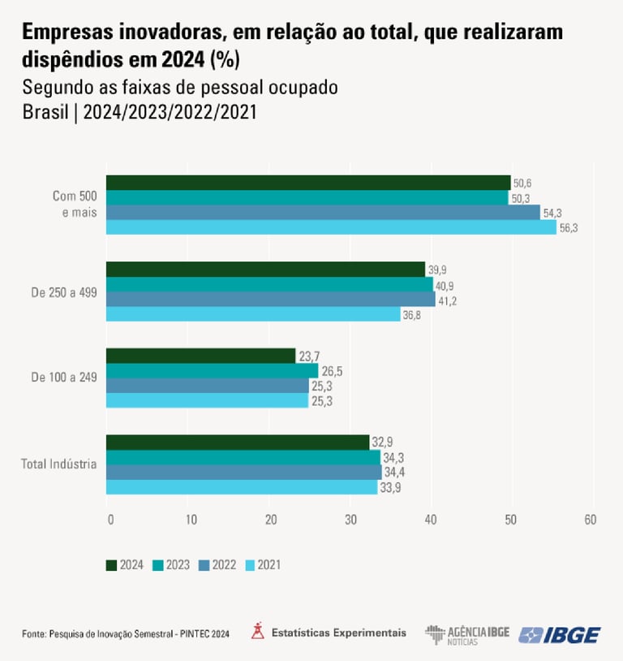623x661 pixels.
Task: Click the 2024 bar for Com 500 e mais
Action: click(x=308, y=182)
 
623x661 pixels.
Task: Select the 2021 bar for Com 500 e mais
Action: click(x=331, y=227)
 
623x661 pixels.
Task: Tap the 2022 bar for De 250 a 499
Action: click(x=270, y=299)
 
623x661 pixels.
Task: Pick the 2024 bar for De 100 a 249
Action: click(x=200, y=356)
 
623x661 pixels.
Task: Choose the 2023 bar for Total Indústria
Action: click(x=243, y=457)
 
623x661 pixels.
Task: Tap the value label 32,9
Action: click(x=382, y=443)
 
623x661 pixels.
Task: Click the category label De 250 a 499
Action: click(x=64, y=292)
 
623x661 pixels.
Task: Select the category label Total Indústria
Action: click(x=59, y=464)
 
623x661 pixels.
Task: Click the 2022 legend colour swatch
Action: click(x=204, y=564)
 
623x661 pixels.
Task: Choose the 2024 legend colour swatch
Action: click(x=111, y=564)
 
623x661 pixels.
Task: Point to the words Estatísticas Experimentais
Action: click(x=339, y=632)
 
